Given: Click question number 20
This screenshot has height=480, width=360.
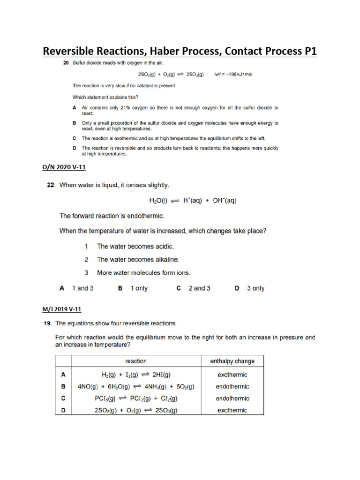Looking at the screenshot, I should [67, 63].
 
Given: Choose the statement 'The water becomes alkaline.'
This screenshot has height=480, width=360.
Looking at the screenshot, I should [138, 259].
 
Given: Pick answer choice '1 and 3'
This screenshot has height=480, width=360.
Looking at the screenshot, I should [82, 288].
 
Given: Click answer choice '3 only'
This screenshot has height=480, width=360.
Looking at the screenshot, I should [255, 288].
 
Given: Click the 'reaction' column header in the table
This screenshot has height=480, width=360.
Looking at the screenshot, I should [136, 361].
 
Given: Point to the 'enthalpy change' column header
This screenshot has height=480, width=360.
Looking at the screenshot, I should [232, 361].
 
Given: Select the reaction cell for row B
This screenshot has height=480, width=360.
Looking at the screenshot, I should [136, 387].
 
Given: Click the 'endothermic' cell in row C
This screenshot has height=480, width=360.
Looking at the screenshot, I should [232, 398].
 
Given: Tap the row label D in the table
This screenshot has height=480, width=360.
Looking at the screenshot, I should [63, 411].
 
